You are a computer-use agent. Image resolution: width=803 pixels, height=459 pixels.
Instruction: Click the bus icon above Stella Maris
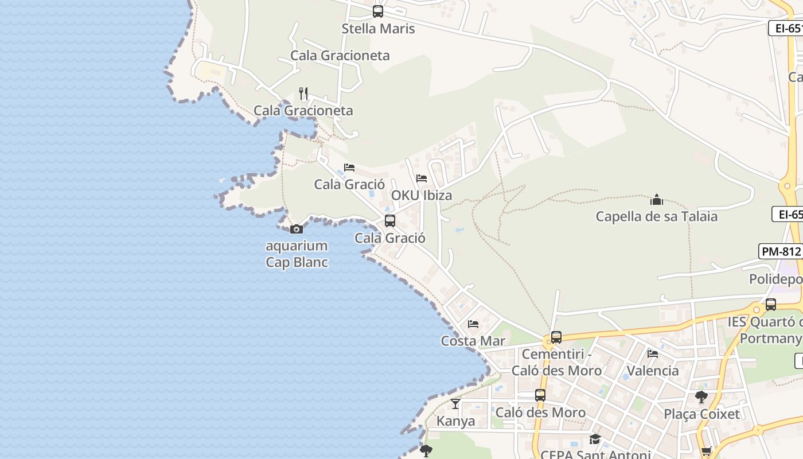(x=378, y=11)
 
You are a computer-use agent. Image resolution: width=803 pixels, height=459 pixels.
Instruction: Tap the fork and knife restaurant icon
(x=304, y=93)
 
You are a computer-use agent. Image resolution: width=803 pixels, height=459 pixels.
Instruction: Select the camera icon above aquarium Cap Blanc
(x=297, y=229)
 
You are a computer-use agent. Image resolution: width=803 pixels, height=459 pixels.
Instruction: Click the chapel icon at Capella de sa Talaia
(x=657, y=200)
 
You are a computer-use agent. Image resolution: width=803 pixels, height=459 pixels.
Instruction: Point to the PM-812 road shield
(x=781, y=251)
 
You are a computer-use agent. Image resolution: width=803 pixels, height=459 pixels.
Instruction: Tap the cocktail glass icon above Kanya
(x=455, y=404)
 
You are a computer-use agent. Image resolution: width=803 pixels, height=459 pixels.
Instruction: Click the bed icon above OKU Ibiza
(x=422, y=178)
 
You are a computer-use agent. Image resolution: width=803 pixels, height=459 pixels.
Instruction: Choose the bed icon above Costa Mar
(x=473, y=324)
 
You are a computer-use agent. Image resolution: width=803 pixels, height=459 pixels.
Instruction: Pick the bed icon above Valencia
(x=653, y=354)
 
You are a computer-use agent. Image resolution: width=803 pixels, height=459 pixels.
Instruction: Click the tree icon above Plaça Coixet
(x=701, y=396)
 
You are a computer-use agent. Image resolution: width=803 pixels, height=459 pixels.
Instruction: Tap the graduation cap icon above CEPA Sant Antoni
(x=595, y=439)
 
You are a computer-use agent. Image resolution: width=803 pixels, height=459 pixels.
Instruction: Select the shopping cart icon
(x=706, y=452)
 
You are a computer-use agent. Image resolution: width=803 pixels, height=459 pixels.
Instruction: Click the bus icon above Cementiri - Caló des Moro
(x=556, y=337)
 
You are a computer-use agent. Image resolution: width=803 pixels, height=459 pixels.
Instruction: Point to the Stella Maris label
(x=378, y=29)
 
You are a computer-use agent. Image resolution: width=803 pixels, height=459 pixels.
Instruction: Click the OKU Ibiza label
(x=422, y=196)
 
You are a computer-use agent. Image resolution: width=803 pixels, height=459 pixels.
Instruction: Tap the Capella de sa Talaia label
(x=657, y=217)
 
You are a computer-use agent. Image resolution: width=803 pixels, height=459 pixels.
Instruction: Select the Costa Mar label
(x=473, y=341)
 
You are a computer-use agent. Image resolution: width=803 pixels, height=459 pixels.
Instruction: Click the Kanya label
(x=456, y=421)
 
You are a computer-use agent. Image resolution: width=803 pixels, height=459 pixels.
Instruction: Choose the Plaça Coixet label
(x=701, y=414)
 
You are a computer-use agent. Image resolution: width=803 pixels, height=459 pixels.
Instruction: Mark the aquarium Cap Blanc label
(x=297, y=254)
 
